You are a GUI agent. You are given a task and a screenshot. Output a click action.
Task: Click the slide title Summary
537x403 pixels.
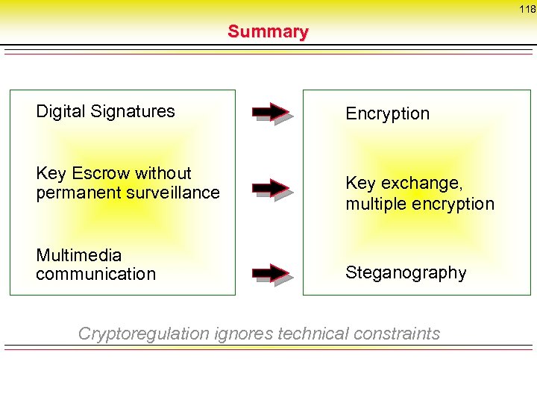click(268, 31)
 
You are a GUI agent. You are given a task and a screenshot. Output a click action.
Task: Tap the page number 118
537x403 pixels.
click(527, 10)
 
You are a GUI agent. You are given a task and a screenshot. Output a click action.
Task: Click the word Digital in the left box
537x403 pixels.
click(60, 112)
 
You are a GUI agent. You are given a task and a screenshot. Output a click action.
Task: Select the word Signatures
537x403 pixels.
click(131, 112)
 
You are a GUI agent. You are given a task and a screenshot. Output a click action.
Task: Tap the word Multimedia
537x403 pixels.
click(78, 255)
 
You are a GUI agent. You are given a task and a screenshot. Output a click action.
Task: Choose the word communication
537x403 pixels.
click(95, 274)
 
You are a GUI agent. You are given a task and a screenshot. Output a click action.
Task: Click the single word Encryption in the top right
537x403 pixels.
click(387, 113)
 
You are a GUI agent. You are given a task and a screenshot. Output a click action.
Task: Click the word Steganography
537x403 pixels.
click(406, 272)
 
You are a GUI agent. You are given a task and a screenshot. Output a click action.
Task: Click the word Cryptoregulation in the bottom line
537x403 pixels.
click(143, 334)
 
